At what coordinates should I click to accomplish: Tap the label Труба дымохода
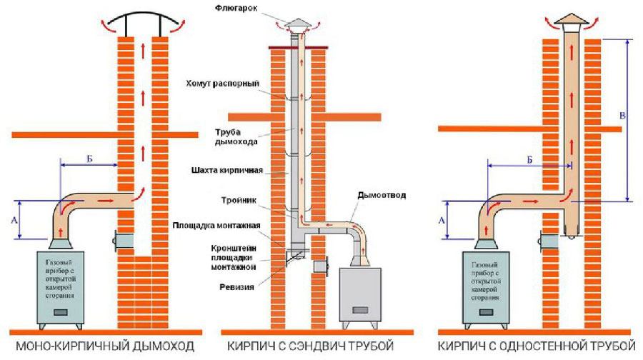[x=236, y=136]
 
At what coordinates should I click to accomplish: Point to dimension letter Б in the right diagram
[x=529, y=160]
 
